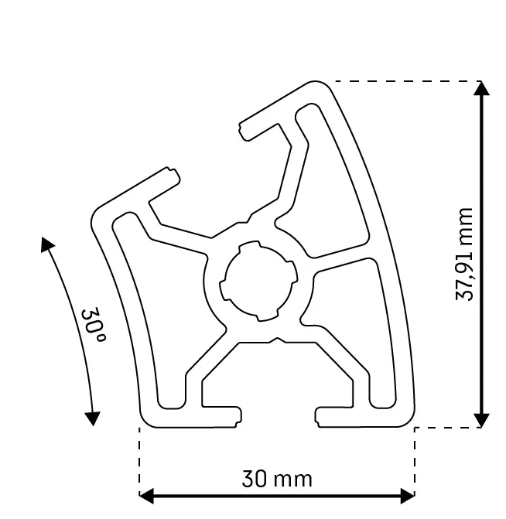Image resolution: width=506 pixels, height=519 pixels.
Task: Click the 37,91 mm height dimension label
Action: coord(464,254)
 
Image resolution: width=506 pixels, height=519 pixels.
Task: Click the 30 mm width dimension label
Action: coord(277,479)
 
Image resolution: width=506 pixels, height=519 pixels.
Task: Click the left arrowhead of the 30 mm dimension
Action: coord(146,495)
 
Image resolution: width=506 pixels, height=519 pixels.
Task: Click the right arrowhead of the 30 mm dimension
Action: coord(408,495)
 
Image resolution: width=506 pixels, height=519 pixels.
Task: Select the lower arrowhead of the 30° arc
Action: coord(93,418)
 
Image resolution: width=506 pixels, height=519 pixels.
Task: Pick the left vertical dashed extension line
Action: coord(139,460)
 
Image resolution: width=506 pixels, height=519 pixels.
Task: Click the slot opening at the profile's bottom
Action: coord(277,416)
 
